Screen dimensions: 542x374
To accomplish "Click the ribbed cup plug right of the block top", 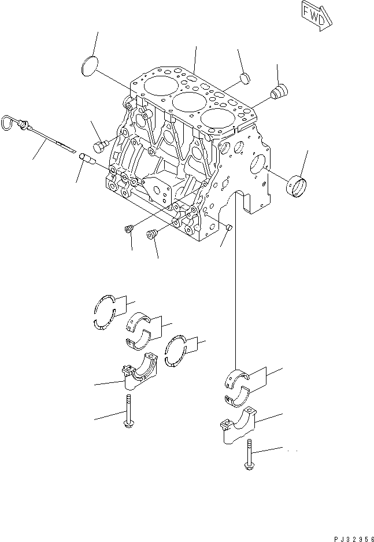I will pos(279,91).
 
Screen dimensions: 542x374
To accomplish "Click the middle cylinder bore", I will pos(186,103).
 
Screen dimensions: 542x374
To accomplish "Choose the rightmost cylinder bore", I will pos(215,117).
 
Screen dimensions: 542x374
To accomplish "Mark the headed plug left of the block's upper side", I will pos(101,142).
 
